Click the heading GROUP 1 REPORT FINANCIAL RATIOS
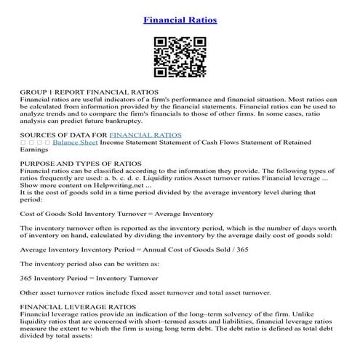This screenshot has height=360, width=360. (x=89, y=95)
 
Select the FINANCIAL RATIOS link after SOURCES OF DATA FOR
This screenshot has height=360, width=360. (x=145, y=135)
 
